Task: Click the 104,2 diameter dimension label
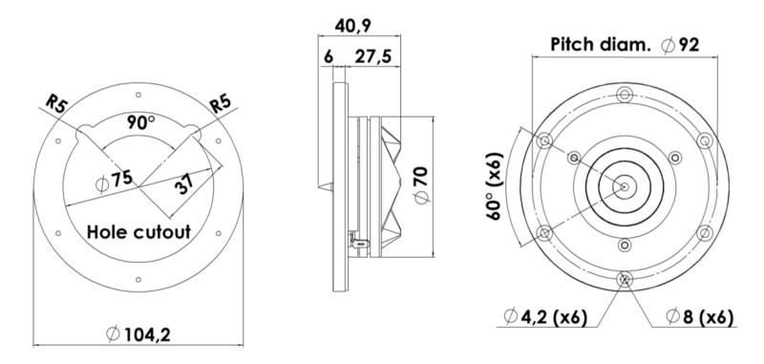tap(138, 334)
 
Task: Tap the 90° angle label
tap(140, 122)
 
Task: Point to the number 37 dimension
tap(184, 183)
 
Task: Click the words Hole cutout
tap(138, 232)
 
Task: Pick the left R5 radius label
tap(56, 104)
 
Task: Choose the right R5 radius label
tap(220, 104)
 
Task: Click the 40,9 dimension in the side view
tap(352, 27)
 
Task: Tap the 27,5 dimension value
tap(372, 56)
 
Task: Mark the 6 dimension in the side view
tap(329, 56)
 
